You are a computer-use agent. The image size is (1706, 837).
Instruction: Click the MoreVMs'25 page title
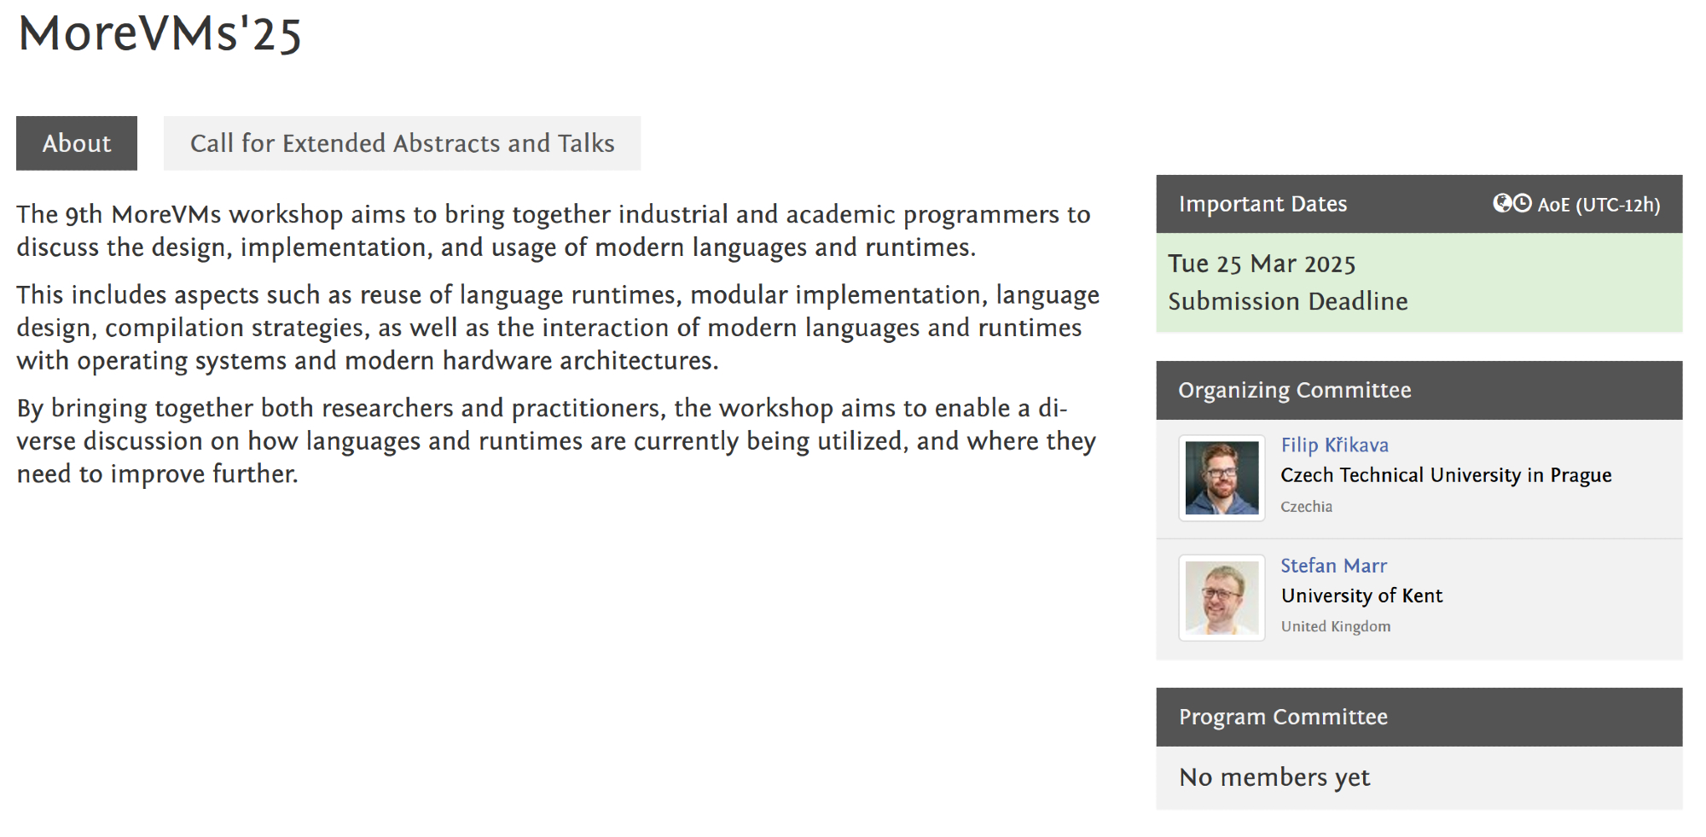(160, 34)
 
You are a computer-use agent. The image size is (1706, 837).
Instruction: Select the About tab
(77, 143)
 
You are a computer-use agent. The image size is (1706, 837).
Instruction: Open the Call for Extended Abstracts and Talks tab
(402, 143)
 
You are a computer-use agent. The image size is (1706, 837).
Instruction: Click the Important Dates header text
(1262, 204)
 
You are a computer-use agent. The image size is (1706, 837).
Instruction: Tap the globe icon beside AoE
(1501, 203)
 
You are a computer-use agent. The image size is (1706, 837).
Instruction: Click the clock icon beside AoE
(1523, 203)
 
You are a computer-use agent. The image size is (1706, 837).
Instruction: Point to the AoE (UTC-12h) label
(1599, 205)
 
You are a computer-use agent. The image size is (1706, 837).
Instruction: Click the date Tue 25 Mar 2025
(1262, 264)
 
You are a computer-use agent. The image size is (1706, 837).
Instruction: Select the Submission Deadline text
(1288, 301)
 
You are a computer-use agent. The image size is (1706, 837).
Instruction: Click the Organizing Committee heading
(1295, 390)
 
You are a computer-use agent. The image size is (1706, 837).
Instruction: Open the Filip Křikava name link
(1334, 445)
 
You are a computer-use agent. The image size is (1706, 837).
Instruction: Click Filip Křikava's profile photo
(1221, 478)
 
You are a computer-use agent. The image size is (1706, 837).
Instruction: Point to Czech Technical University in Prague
(1446, 475)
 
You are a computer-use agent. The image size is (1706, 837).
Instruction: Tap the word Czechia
(1306, 507)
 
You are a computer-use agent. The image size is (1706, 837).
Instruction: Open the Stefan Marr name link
(1333, 566)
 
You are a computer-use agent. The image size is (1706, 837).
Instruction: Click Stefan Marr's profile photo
(1221, 598)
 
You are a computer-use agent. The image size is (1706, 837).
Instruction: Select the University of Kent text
(1361, 596)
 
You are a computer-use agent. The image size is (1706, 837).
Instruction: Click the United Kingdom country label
(1335, 626)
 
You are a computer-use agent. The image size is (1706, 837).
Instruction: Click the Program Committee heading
(1283, 717)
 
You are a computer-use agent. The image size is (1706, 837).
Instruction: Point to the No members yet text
(1274, 777)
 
